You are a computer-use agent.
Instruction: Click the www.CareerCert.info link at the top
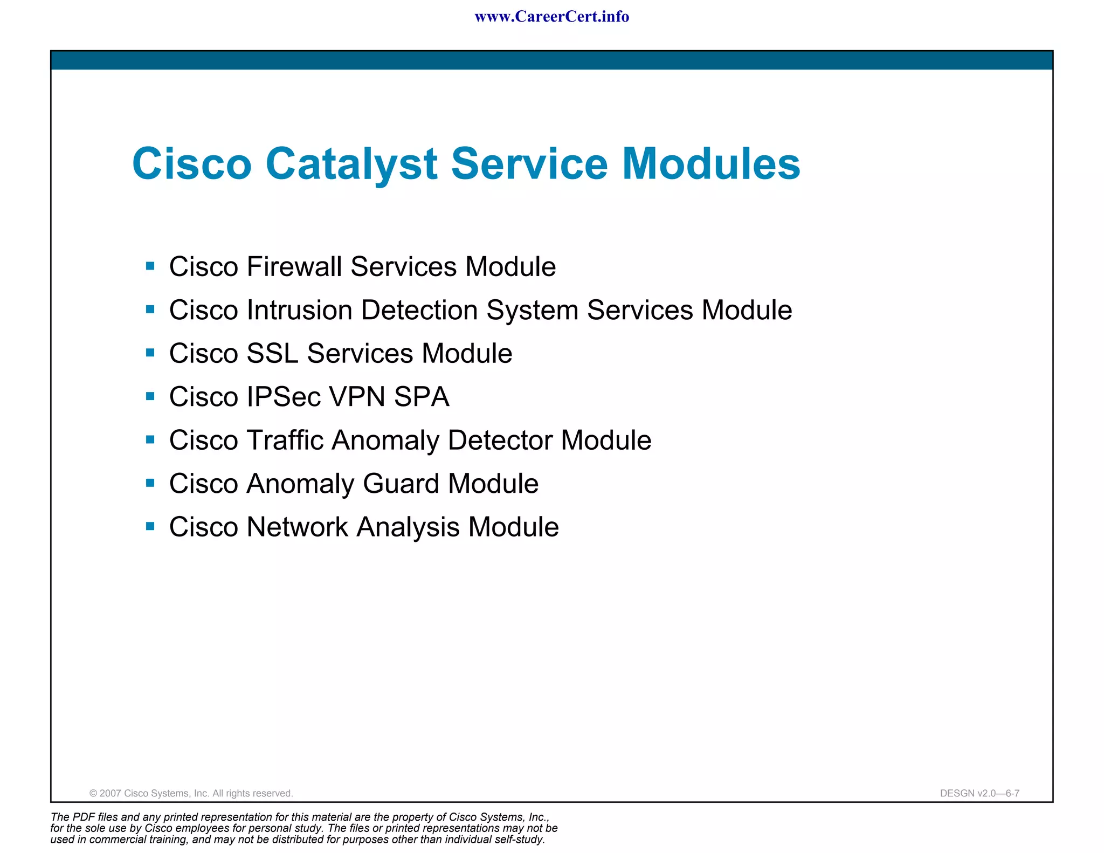[551, 17]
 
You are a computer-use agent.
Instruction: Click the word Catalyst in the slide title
[351, 164]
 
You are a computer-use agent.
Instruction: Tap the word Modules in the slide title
[711, 164]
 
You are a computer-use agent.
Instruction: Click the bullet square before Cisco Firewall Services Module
[150, 266]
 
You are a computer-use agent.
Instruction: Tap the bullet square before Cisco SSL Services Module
[150, 353]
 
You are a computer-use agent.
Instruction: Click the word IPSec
[284, 397]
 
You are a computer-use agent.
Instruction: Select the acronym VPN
[356, 397]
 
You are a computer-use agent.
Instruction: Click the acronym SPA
[421, 397]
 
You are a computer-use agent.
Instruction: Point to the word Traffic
[285, 441]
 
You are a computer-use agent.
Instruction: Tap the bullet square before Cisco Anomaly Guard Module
[150, 483]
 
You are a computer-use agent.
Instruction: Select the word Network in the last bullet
[297, 527]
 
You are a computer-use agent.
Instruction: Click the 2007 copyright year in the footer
[111, 793]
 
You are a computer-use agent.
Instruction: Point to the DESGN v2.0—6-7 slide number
[979, 793]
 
